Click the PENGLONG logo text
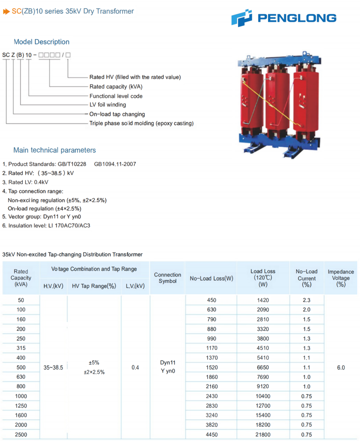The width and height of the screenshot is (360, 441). (x=297, y=18)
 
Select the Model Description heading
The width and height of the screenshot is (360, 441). (x=41, y=42)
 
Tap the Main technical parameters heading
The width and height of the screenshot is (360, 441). (x=54, y=150)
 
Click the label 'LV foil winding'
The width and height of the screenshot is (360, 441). (x=108, y=105)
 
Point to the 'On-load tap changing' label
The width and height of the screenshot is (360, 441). (x=117, y=114)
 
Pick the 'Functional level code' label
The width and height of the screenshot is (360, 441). (x=116, y=96)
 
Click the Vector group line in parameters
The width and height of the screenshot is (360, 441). (x=45, y=217)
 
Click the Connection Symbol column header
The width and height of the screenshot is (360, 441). (x=167, y=278)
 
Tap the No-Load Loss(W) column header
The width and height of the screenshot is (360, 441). (x=211, y=278)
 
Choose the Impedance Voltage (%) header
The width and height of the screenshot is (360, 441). (x=341, y=278)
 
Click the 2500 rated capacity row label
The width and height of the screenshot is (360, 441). (x=21, y=435)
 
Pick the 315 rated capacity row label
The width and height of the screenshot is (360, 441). (x=21, y=348)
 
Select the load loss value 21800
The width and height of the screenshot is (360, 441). (x=263, y=435)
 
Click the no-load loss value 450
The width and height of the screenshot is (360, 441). (x=211, y=300)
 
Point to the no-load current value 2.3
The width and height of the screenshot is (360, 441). (x=306, y=300)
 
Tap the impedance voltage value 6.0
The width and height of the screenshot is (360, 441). (x=341, y=367)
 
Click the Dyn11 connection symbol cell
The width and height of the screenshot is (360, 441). (x=167, y=363)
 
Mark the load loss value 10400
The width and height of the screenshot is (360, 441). (x=263, y=396)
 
